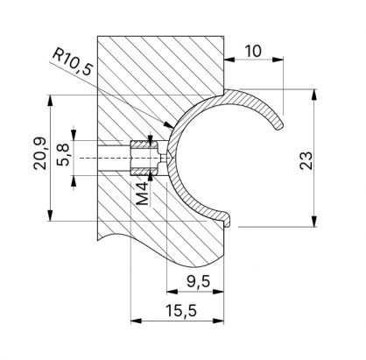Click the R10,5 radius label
pos(72,64)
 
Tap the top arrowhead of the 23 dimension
pos(313,92)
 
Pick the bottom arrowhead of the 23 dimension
pos(313,224)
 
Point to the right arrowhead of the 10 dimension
pos(284,60)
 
